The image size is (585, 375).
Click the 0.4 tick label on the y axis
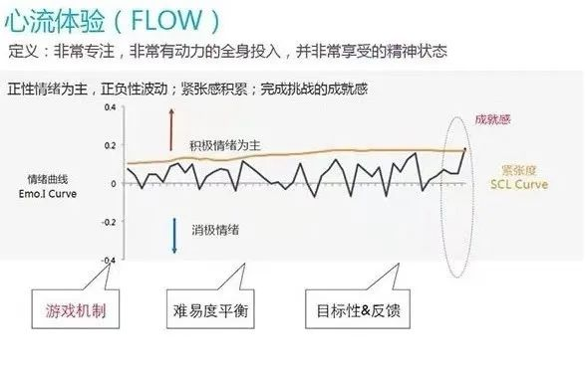(110, 107)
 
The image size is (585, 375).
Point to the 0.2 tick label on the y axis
(110, 145)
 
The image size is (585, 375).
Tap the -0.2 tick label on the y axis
(109, 222)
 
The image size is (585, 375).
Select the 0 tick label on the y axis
(114, 184)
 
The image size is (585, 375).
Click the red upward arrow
(171, 129)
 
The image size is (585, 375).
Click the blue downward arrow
(174, 236)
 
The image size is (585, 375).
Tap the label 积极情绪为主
(225, 145)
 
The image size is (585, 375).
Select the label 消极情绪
(215, 230)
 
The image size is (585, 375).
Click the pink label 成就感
(492, 119)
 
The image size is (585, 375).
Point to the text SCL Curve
(519, 184)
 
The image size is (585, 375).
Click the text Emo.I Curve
(48, 194)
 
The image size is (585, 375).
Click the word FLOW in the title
(166, 20)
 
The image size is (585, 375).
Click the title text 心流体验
(55, 21)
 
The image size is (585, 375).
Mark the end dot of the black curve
(464, 149)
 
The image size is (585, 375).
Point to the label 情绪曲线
(48, 179)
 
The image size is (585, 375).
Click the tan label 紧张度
(519, 170)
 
